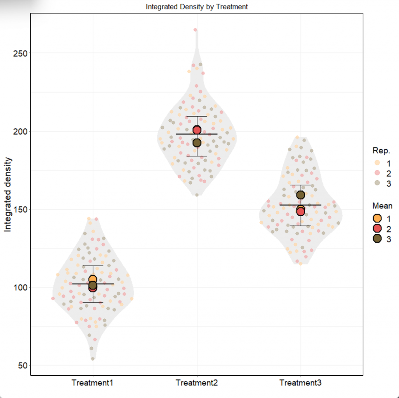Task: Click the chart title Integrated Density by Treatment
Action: pos(196,7)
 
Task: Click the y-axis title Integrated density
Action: pos(8,195)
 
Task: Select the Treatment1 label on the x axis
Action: pos(92,383)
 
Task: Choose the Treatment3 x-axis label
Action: pos(300,383)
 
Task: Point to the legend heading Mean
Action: pos(382,206)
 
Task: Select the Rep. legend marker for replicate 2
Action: pos(377,173)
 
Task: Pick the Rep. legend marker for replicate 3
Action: pos(377,183)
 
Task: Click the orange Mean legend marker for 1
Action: pos(377,218)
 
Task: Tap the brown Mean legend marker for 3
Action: pos(377,239)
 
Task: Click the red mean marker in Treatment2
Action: pos(197,130)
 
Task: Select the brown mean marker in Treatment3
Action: pos(300,195)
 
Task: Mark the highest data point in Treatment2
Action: pos(196,30)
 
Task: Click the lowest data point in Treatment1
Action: pos(93,359)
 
